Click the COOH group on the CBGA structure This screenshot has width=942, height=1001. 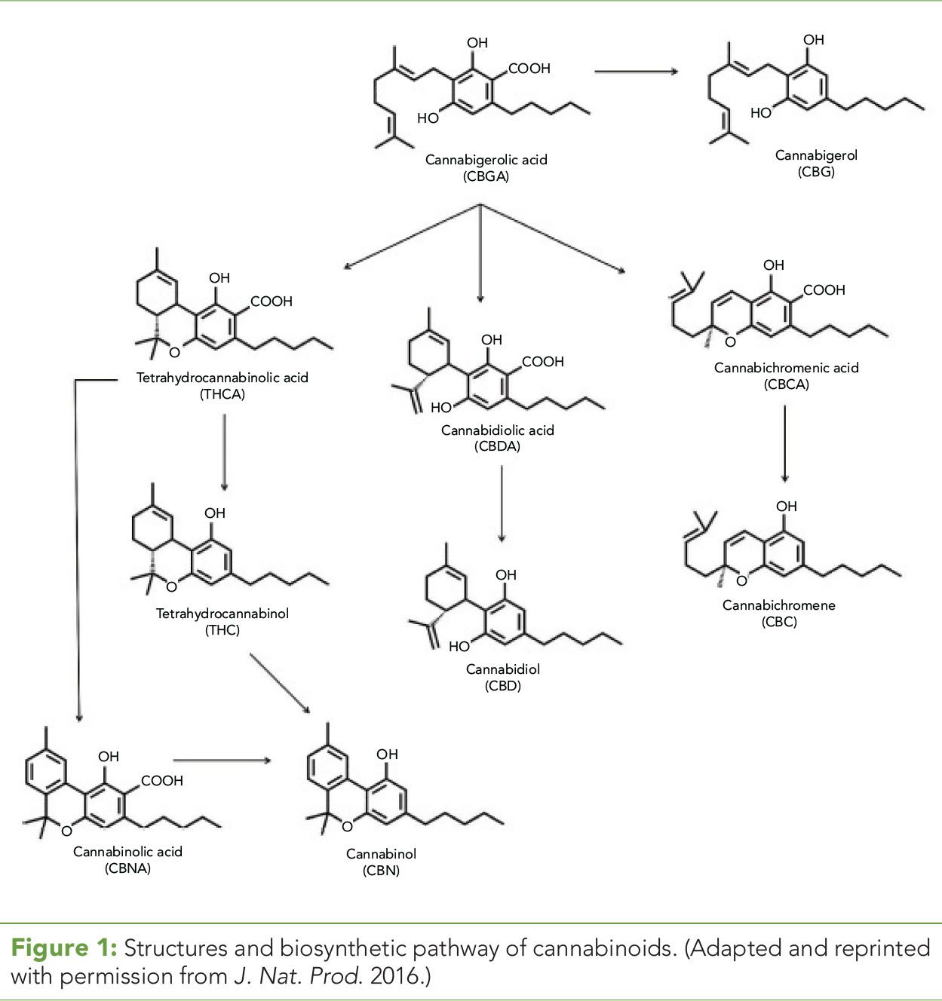tap(529, 69)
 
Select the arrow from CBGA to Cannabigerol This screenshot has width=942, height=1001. tap(637, 72)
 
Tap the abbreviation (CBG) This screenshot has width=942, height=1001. tap(816, 172)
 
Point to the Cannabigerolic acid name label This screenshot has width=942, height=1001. tap(486, 160)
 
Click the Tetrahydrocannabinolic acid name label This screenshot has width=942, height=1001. tap(222, 378)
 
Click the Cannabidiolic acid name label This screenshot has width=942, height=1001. tap(498, 430)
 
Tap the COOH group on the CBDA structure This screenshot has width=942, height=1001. tap(543, 362)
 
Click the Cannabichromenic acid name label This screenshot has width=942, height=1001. tap(787, 368)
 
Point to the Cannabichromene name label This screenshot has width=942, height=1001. tap(779, 605)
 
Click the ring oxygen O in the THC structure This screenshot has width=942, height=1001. tap(171, 586)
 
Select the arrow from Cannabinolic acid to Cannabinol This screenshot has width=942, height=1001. tap(222, 761)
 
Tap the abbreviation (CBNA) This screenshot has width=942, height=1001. tap(127, 868)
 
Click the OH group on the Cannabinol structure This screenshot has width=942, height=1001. tap(387, 755)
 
